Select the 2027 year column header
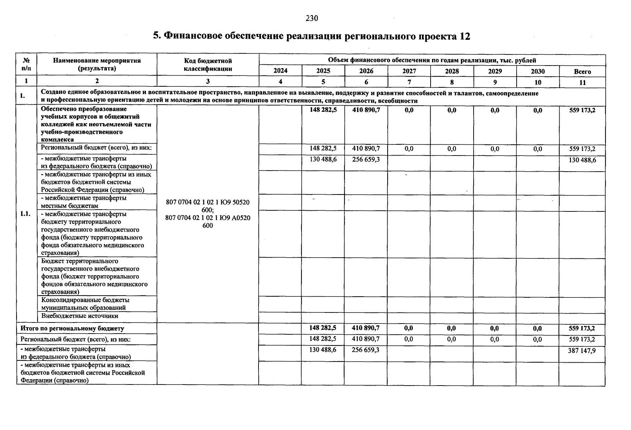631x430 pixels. tap(409, 71)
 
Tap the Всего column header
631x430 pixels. tap(582, 71)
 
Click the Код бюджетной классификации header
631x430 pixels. tap(208, 64)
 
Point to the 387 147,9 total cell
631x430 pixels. tap(582, 350)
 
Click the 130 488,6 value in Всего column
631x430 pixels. tap(582, 160)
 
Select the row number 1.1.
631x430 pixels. tap(25, 214)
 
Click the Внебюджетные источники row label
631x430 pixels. tap(80, 316)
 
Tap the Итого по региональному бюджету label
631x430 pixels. tap(72, 328)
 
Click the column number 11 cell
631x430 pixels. tap(582, 82)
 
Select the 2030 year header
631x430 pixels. tap(537, 71)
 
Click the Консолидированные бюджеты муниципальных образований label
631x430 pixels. tap(85, 304)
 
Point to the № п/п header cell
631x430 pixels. tap(26, 64)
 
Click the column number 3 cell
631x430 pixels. tap(208, 82)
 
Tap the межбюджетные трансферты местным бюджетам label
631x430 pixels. tap(84, 202)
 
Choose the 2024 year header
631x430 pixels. tap(280, 71)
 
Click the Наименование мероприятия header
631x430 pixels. tap(97, 64)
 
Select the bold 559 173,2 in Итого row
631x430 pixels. tap(582, 328)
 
